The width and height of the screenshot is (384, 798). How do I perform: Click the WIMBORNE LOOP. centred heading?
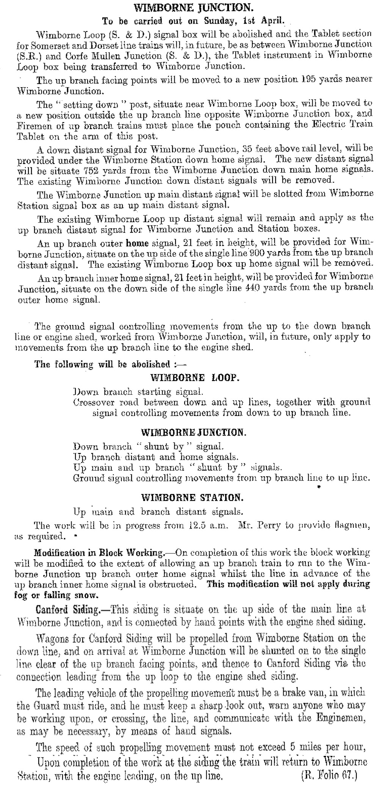[x=194, y=378]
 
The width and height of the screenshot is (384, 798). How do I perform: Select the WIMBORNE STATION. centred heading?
[x=191, y=497]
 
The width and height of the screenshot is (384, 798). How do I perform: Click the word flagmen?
[x=350, y=526]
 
